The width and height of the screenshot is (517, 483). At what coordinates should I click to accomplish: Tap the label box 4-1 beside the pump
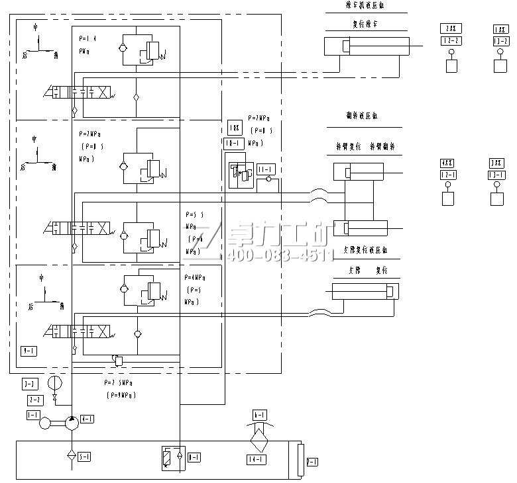coord(87,419)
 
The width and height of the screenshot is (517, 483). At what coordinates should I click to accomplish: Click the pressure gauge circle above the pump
coord(55,383)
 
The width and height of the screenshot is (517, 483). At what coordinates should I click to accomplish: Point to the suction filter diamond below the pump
coord(70,456)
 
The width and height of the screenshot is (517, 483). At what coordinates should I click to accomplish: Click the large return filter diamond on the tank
coord(258,439)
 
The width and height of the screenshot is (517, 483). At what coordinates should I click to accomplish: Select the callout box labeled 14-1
coord(257,459)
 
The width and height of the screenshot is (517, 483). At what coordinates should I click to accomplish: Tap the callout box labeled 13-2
coord(501,41)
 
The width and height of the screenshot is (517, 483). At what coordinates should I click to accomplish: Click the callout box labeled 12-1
coord(449,175)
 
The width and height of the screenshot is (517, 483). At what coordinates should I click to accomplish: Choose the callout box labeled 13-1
coord(496,175)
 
